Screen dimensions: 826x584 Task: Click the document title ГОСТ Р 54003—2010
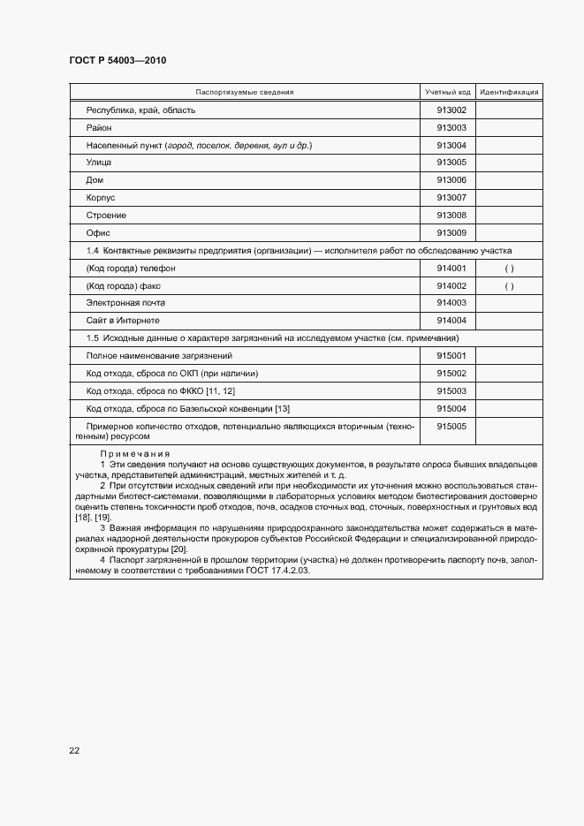(118, 60)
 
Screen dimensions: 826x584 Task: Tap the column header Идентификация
(509, 92)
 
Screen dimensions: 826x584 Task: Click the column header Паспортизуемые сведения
(245, 92)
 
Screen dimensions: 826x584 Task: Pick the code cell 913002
(451, 110)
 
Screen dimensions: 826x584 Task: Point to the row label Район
(99, 128)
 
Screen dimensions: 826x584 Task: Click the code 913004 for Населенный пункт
(451, 146)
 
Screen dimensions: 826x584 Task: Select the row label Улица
(99, 163)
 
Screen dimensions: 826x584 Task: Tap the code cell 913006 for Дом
(451, 180)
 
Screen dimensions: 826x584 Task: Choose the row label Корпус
(101, 198)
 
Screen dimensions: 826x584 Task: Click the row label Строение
(106, 216)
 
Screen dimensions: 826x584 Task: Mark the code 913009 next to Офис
(451, 233)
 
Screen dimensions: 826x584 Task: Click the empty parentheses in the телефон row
(509, 269)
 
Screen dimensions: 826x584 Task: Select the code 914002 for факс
(451, 286)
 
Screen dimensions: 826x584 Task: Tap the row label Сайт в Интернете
(123, 321)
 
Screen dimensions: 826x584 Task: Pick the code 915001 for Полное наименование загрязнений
(451, 356)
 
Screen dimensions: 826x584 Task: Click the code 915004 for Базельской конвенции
(451, 409)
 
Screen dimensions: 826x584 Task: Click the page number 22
(74, 751)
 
